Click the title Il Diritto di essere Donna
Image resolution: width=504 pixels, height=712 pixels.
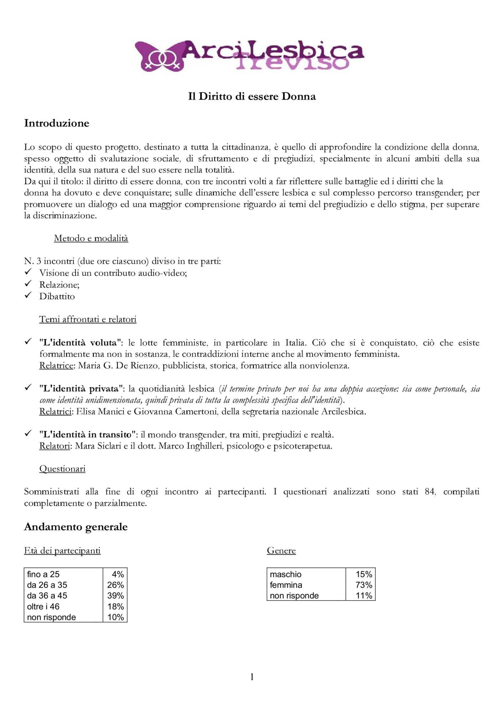pyautogui.click(x=252, y=96)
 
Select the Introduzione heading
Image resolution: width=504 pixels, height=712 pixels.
pyautogui.click(x=57, y=123)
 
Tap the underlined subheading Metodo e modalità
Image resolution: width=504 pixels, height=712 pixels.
pyautogui.click(x=91, y=238)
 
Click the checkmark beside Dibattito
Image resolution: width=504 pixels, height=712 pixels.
pyautogui.click(x=28, y=295)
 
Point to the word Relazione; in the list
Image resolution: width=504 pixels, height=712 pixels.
pyautogui.click(x=59, y=285)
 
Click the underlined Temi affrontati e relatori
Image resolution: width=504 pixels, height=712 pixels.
pyautogui.click(x=88, y=319)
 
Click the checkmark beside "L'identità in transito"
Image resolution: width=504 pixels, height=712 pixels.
pyautogui.click(x=28, y=434)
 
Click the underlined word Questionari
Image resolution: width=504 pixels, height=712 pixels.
pyautogui.click(x=62, y=468)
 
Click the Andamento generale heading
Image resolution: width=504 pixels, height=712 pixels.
pyautogui.click(x=76, y=527)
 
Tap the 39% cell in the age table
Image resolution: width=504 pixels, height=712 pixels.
pyautogui.click(x=115, y=596)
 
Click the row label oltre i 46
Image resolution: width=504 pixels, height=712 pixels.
pyautogui.click(x=43, y=606)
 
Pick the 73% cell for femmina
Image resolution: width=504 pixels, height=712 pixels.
pyautogui.click(x=364, y=585)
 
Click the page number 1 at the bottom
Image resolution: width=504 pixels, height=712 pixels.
pyautogui.click(x=252, y=677)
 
